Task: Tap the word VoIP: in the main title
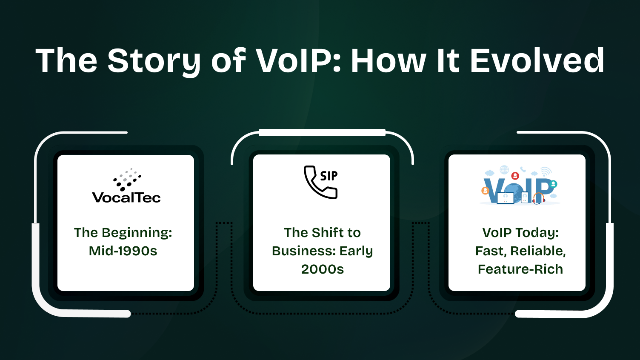pyautogui.click(x=298, y=61)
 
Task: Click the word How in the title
pyautogui.click(x=388, y=61)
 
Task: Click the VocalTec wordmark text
pyautogui.click(x=126, y=197)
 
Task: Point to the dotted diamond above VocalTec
pyautogui.click(x=127, y=179)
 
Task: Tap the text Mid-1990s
pyautogui.click(x=123, y=251)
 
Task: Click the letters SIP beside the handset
pyautogui.click(x=329, y=176)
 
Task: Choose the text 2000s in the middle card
pyautogui.click(x=322, y=269)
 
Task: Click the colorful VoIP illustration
pyautogui.click(x=519, y=186)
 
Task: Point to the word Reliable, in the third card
pyautogui.click(x=538, y=251)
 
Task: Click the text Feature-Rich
pyautogui.click(x=520, y=269)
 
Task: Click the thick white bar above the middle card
pyautogui.click(x=322, y=133)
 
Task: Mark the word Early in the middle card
pyautogui.click(x=356, y=251)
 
